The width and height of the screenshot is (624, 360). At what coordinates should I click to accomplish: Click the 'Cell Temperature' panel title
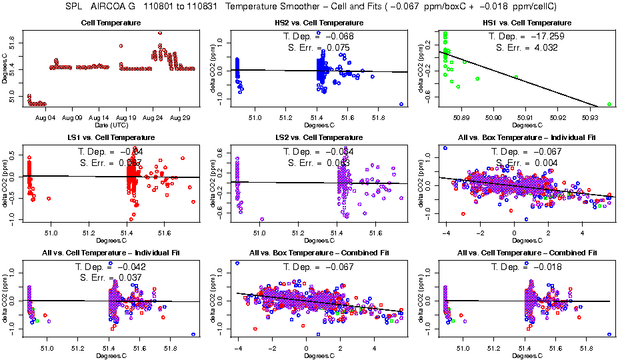click(x=111, y=23)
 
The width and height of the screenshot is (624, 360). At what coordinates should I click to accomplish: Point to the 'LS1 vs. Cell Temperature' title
click(x=111, y=137)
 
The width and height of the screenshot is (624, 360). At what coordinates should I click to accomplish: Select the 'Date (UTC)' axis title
click(x=111, y=125)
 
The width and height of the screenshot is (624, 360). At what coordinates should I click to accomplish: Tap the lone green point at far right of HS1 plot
click(x=609, y=105)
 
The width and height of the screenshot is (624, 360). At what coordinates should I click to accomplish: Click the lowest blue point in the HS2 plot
click(x=401, y=104)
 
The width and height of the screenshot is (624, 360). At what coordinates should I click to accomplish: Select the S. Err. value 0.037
click(x=134, y=277)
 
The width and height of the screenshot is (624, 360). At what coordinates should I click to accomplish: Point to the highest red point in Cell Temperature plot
click(x=160, y=33)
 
